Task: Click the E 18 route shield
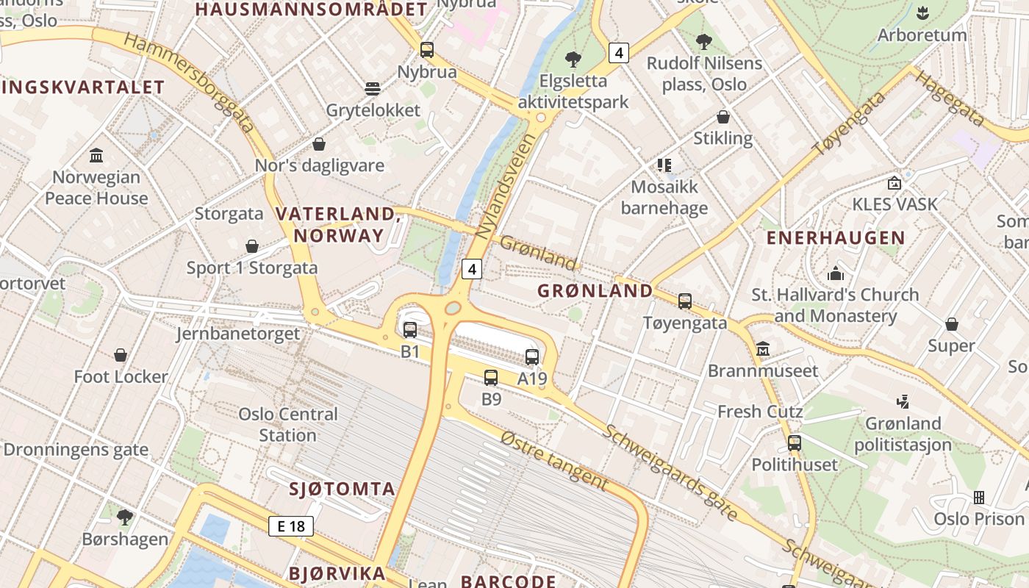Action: (291, 526)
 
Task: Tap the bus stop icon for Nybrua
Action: (427, 50)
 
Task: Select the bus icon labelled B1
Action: (410, 329)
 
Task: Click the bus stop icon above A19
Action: (532, 357)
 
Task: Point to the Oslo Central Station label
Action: (288, 424)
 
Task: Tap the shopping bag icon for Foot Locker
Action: (121, 356)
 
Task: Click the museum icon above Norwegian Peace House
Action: (96, 155)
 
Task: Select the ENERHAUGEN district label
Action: (836, 238)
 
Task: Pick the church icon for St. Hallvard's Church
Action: (836, 273)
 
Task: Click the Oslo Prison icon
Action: (979, 498)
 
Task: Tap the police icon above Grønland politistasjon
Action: (903, 401)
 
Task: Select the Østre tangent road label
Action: (554, 460)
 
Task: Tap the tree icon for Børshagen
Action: (125, 517)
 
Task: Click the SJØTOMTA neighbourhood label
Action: (342, 490)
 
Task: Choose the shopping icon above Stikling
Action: (723, 117)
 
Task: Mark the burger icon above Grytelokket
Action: (373, 89)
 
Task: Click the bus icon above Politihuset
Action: (795, 443)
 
